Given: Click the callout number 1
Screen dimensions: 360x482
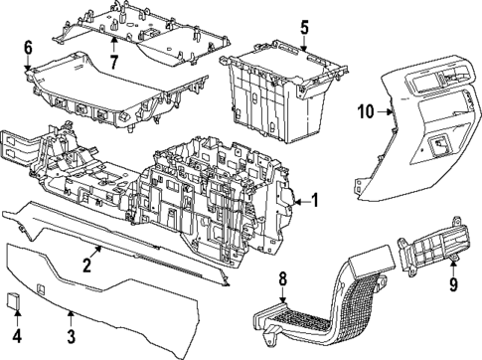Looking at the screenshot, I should [x=314, y=200].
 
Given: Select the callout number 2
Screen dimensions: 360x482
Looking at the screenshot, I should [x=87, y=266].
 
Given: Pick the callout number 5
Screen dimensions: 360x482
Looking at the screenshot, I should [x=305, y=27].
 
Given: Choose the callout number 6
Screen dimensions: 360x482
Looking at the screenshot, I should [x=27, y=47].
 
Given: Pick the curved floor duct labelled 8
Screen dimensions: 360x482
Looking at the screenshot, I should [x=338, y=298].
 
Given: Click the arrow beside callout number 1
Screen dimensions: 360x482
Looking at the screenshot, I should [x=300, y=200].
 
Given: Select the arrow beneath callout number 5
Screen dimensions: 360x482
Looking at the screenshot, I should [x=304, y=43].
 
